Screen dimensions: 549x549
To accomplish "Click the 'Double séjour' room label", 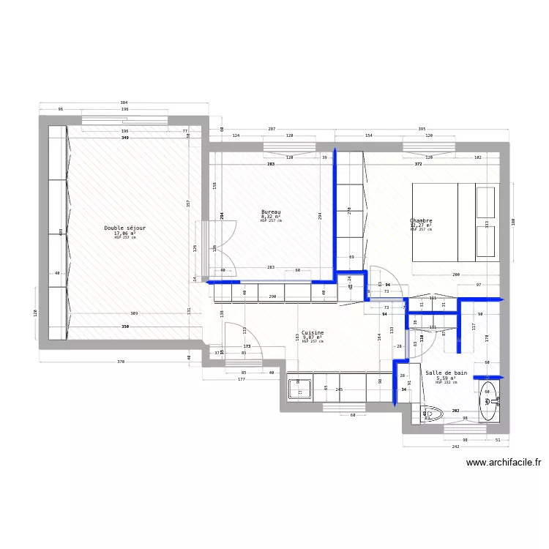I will click(x=124, y=228).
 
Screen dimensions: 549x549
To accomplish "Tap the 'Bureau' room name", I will click(x=271, y=212).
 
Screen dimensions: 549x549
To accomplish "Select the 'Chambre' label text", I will click(x=421, y=220).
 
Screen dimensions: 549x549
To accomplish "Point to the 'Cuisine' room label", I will click(x=313, y=332).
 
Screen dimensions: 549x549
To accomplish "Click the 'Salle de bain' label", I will click(x=446, y=373).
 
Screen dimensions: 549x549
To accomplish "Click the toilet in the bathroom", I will click(x=433, y=414).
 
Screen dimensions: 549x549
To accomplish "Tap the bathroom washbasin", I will click(x=489, y=400).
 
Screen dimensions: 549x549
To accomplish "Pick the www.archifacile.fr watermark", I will click(x=504, y=463).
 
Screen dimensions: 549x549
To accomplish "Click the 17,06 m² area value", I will click(x=124, y=234).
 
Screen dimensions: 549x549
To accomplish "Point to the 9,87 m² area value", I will click(x=313, y=337).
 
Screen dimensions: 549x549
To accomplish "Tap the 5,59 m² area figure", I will click(x=446, y=378).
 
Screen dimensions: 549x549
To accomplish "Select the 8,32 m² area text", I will click(x=271, y=217).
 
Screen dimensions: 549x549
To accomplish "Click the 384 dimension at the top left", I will click(x=124, y=102).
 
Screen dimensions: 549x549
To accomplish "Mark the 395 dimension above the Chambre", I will click(x=421, y=129).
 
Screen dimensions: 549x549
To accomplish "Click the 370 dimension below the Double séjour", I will click(x=121, y=362).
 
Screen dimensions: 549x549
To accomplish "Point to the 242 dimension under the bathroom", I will click(x=455, y=446).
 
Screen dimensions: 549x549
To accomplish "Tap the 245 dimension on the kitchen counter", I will click(x=339, y=389).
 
